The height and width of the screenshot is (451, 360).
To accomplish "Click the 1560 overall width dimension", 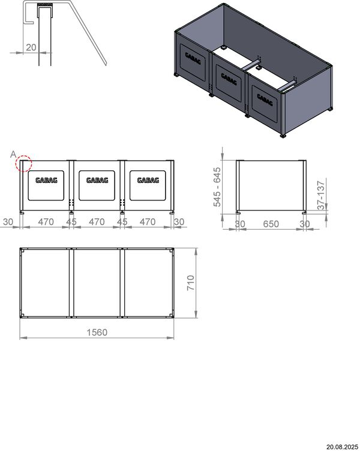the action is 97,332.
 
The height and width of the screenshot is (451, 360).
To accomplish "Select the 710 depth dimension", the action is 191,282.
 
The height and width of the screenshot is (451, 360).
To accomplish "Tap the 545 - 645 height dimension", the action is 217,187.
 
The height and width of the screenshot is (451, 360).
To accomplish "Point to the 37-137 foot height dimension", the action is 321,195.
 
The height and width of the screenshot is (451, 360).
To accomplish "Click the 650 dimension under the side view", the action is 271,224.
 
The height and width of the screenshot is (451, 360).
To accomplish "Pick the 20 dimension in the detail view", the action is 31,47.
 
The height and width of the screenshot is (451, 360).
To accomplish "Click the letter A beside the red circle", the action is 13,155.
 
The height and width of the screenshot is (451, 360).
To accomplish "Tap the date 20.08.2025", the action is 342,447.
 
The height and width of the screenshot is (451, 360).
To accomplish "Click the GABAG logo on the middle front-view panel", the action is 97,180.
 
